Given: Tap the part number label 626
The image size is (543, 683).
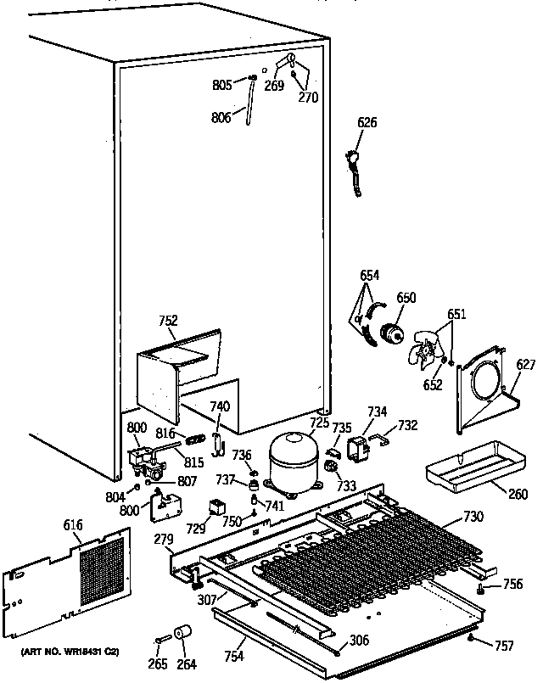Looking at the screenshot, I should pyautogui.click(x=367, y=124).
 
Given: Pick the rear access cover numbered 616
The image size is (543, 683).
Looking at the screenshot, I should pyautogui.click(x=73, y=576).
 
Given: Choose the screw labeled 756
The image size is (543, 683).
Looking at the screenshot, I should pyautogui.click(x=481, y=587).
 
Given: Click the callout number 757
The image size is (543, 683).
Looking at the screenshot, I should pyautogui.click(x=503, y=647).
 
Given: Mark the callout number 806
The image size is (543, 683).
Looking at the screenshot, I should pyautogui.click(x=221, y=118).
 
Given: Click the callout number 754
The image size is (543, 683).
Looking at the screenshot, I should pyautogui.click(x=234, y=657).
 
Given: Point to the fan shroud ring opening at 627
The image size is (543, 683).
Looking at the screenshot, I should pyautogui.click(x=484, y=382).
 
